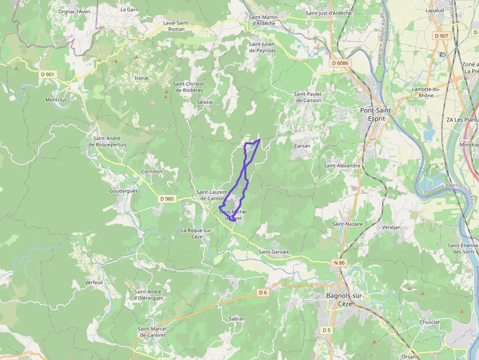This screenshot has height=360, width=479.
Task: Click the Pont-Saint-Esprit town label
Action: pos(376,114)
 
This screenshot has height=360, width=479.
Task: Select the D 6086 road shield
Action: pos(340,63)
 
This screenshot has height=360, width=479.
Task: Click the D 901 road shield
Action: pos(47,74)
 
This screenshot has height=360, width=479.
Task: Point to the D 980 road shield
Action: pos(167,199)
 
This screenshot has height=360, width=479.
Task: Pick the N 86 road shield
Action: pos(339,263)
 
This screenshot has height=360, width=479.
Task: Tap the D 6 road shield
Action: pos(263,292)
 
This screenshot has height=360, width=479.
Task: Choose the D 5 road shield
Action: pos(327,330)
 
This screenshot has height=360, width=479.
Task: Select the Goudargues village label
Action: pos(124,191)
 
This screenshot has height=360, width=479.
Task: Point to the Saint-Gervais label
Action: pos(274,252)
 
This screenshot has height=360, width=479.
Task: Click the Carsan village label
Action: pos(302,146)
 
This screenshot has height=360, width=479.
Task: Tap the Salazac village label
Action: pos(205,102)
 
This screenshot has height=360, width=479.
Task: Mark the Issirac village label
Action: pos(141,78)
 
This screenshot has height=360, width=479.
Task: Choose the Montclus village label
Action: pos(56,100)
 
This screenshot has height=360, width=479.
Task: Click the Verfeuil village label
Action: pos(94,282)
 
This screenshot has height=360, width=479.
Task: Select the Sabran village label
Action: pos(237,318)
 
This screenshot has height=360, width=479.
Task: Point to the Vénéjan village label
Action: pos(391,227)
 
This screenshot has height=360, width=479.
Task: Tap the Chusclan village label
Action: pos(430,322)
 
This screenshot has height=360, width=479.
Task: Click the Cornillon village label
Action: pos(152,172)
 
